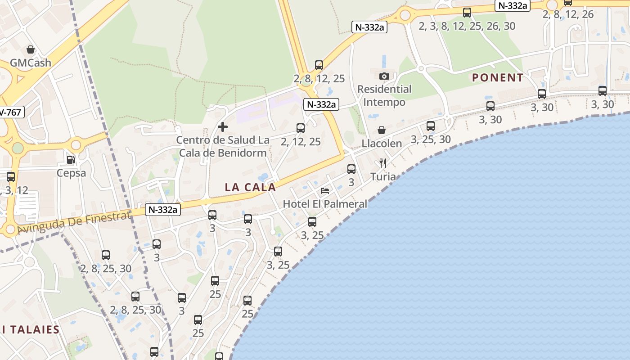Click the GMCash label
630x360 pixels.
click(31, 63)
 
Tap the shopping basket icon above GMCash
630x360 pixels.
click(31, 49)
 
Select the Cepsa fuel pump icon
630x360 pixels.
click(71, 159)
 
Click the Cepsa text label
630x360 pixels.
click(71, 173)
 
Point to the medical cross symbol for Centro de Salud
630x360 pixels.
click(223, 127)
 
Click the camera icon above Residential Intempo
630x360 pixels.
click(384, 76)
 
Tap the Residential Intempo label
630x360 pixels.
click(384, 95)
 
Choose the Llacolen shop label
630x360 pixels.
click(382, 144)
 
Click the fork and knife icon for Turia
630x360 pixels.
click(383, 163)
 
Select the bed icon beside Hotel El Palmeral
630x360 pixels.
click(325, 191)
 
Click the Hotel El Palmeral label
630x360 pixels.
click(325, 204)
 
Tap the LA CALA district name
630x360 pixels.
click(250, 187)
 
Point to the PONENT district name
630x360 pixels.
click(498, 77)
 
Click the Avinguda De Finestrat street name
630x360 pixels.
click(75, 223)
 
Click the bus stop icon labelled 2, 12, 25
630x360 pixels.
click(301, 128)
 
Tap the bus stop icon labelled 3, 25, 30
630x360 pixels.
click(431, 126)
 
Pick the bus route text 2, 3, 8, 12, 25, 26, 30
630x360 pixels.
click(467, 26)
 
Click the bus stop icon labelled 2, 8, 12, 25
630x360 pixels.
click(319, 65)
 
